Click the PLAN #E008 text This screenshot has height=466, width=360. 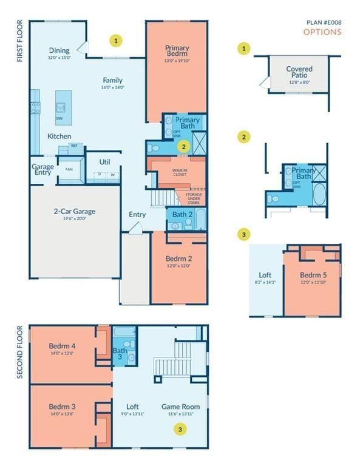pos(325,22)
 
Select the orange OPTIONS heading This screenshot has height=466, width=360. pos(322,32)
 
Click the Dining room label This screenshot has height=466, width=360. pos(59,50)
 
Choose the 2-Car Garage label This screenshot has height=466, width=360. pos(75,212)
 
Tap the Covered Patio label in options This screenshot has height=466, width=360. pos(299,73)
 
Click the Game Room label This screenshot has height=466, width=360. pos(181,407)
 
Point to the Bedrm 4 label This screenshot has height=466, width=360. pos(61,347)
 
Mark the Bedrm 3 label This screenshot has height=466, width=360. pos(61,406)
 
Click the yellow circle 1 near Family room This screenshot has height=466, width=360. pos(117,41)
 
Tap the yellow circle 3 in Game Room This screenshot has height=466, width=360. pos(179,429)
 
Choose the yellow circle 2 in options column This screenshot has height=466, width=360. pos(244,137)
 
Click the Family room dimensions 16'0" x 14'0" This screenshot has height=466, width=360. pos(112,87)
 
